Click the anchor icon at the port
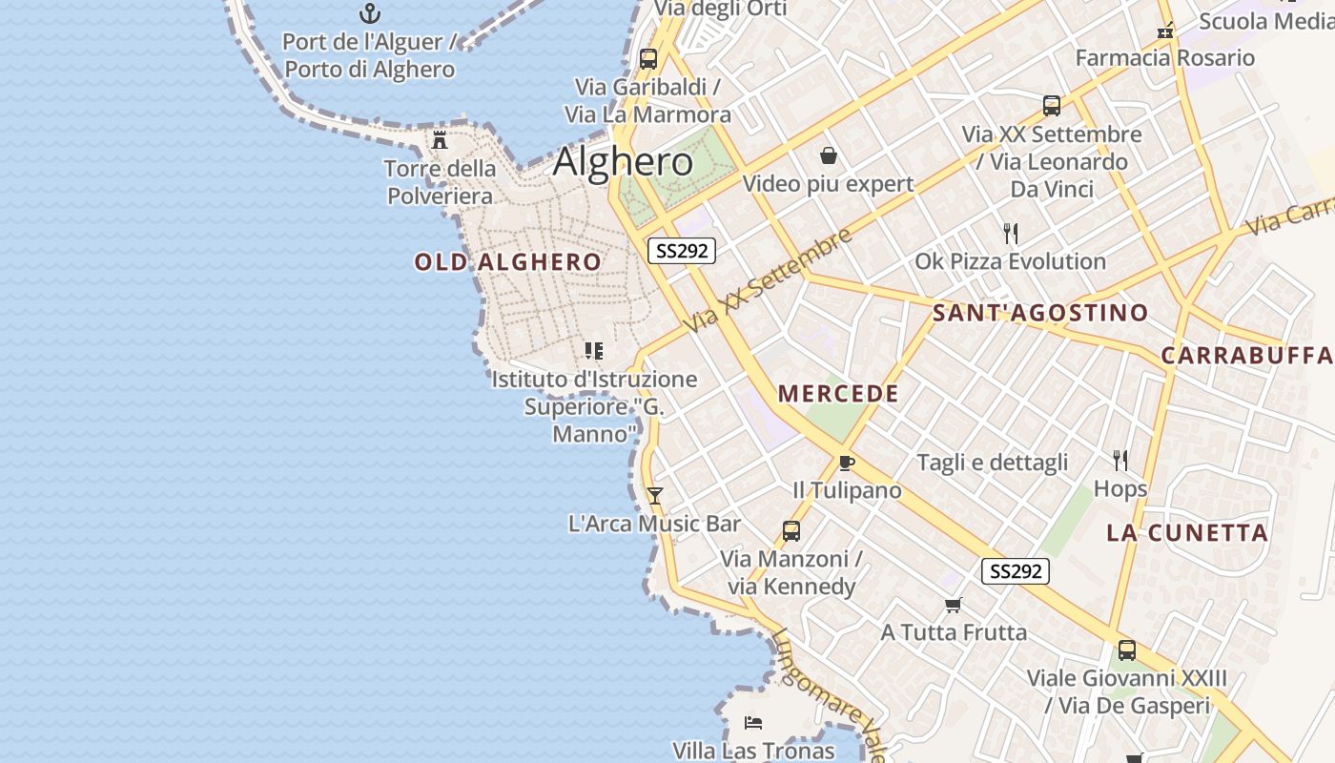coord(369,13)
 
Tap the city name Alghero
coord(623,161)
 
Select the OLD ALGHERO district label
coord(508,262)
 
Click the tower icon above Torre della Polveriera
coord(440,140)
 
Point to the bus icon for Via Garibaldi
coord(648,58)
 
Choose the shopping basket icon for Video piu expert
coord(829,155)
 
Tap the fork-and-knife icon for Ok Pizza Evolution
coord(1011,233)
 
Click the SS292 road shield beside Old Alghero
coord(682,251)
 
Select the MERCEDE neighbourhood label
coord(838,394)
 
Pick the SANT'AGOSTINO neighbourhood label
coord(1040,313)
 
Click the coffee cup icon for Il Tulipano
coord(846,463)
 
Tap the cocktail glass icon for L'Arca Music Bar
coord(654,495)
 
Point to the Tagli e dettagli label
coord(993,463)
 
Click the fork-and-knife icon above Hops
coord(1120,461)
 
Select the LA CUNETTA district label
coord(1187,533)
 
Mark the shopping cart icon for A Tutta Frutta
coord(953,605)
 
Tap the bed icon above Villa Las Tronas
coord(753,722)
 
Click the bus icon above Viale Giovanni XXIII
coord(1127,650)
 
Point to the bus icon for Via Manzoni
coord(791,531)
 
